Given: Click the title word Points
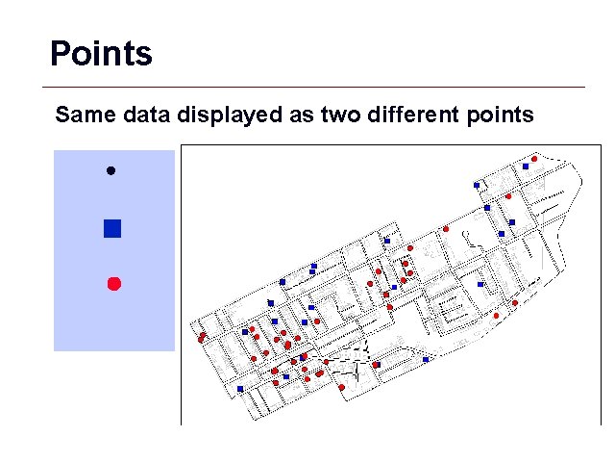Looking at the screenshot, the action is coord(101,53).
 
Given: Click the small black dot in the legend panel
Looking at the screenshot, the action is coord(111,170).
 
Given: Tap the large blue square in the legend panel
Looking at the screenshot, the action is coord(112,228).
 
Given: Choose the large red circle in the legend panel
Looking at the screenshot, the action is coord(113,283).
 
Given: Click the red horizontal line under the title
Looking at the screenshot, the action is coord(317,87).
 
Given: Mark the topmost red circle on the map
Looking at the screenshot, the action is coord(534,159).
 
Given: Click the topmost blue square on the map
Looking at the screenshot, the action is coord(526,167).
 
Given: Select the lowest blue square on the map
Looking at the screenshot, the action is coord(240,389).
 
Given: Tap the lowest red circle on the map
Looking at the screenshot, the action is coord(342,387).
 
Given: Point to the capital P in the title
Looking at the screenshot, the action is coord(60,53).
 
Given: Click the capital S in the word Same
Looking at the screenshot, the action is coord(62,115).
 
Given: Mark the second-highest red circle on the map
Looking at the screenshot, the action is coord(508,196).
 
